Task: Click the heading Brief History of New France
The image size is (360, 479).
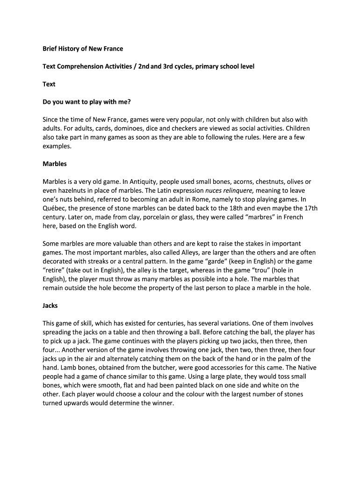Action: (83, 49)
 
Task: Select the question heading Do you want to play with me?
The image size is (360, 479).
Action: (86, 102)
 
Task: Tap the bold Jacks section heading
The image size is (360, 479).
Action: (50, 305)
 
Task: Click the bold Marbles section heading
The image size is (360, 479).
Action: (55, 164)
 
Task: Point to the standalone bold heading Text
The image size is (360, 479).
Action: (49, 84)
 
